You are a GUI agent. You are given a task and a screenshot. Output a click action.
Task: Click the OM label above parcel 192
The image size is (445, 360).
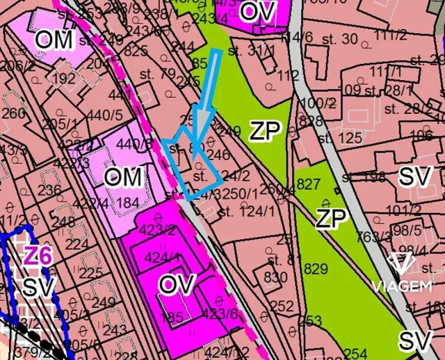coord(55,39)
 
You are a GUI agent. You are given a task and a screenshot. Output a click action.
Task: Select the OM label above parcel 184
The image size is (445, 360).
coord(123,178)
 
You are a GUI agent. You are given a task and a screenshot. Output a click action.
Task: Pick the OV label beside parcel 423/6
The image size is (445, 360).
coord(178,283)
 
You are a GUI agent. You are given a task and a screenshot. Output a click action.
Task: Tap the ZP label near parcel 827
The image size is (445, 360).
coord(330,218)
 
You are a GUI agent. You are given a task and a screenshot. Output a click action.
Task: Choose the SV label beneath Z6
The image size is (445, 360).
coord(35,288)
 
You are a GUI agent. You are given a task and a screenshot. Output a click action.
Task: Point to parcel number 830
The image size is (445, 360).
coord(274,277)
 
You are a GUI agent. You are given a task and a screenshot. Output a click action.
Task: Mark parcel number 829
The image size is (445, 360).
coord(316,269)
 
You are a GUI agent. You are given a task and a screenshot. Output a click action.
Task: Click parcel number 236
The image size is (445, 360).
coord(49,191)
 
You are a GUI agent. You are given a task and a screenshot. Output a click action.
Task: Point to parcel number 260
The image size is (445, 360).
coord(13,114)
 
